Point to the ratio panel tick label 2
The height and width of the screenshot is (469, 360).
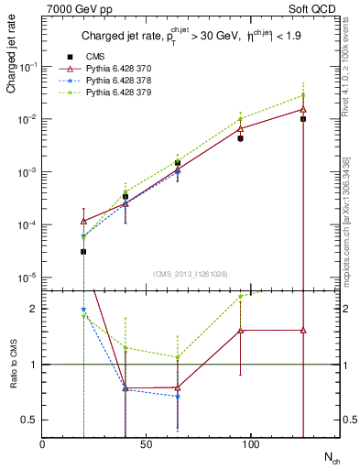[x=33, y=309]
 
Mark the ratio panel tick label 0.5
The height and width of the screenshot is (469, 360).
[x=29, y=420]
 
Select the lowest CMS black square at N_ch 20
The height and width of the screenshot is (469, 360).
[x=83, y=251]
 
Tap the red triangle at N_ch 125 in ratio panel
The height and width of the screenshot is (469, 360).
[x=303, y=330]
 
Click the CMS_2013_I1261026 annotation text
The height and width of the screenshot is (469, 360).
[x=189, y=275]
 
